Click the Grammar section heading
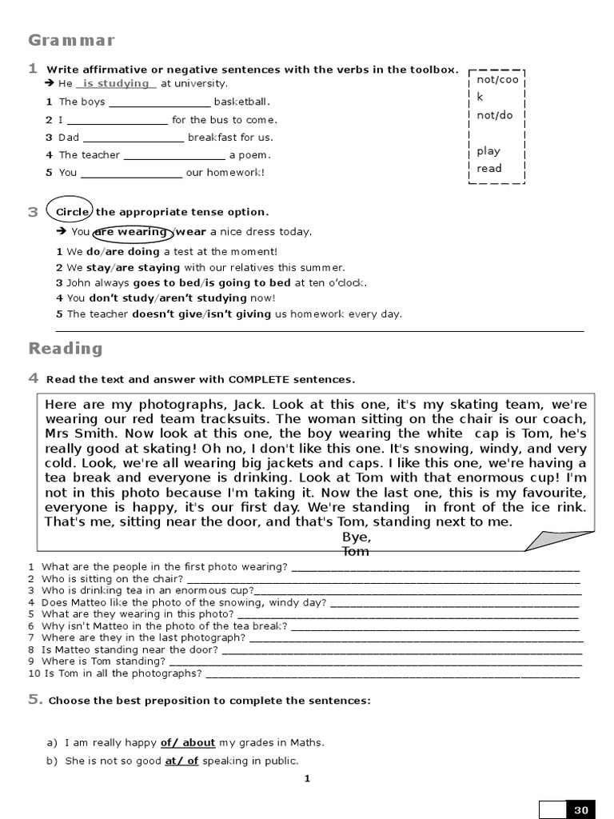click(x=72, y=40)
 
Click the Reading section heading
click(x=66, y=348)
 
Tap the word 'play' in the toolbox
click(x=488, y=150)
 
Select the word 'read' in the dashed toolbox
click(x=489, y=168)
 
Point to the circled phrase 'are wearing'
click(x=131, y=232)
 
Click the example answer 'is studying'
click(x=116, y=83)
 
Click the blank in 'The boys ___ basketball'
click(x=159, y=102)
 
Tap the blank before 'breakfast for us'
click(x=134, y=138)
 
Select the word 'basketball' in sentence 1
click(x=241, y=102)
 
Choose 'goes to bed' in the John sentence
click(x=167, y=282)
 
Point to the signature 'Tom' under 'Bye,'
click(x=356, y=551)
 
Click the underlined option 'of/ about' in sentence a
click(x=188, y=742)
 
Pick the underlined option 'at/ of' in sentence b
click(x=181, y=761)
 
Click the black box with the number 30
click(x=580, y=809)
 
